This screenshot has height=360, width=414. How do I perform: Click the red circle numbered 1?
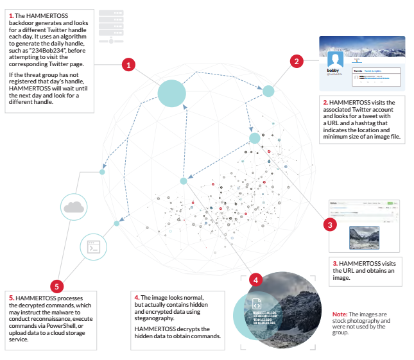pyautogui.click(x=129, y=64)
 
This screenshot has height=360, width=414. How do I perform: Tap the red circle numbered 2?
pyautogui.click(x=297, y=61)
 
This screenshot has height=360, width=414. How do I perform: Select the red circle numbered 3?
pyautogui.click(x=329, y=225)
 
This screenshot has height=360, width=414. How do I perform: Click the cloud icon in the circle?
pyautogui.click(x=75, y=207)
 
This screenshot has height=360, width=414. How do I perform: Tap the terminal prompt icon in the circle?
pyautogui.click(x=93, y=245)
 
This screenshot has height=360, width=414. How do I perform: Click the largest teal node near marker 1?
pyautogui.click(x=171, y=94)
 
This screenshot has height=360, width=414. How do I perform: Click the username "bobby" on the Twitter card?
pyautogui.click(x=332, y=71)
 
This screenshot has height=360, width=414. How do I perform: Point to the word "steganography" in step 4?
pyautogui.click(x=159, y=318)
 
